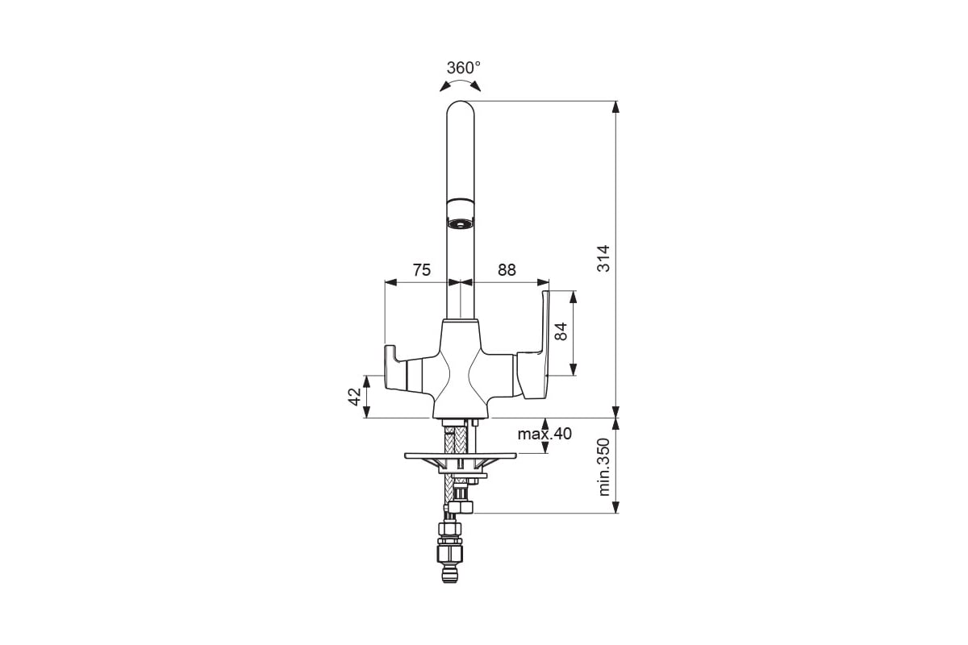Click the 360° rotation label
463,68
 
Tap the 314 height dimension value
603,258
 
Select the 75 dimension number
421,270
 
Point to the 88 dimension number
507,270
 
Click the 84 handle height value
561,332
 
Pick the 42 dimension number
354,397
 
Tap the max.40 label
544,434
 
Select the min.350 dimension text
603,467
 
